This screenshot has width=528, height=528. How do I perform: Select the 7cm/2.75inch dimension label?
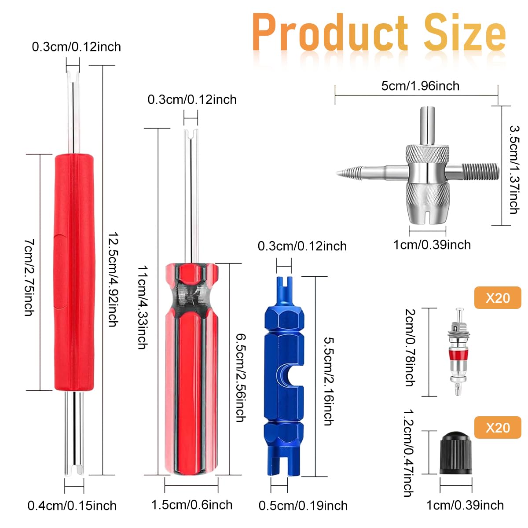coord(29,277)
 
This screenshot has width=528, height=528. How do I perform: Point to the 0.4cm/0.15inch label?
coord(72,506)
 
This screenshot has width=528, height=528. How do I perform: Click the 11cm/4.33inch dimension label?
coord(143,307)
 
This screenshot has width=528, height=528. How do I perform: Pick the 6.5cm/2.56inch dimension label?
coord(241,378)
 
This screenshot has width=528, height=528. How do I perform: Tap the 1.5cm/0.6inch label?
coord(192,505)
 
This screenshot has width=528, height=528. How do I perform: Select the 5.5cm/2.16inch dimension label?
coord(329,381)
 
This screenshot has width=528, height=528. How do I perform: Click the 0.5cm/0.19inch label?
coord(303,506)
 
